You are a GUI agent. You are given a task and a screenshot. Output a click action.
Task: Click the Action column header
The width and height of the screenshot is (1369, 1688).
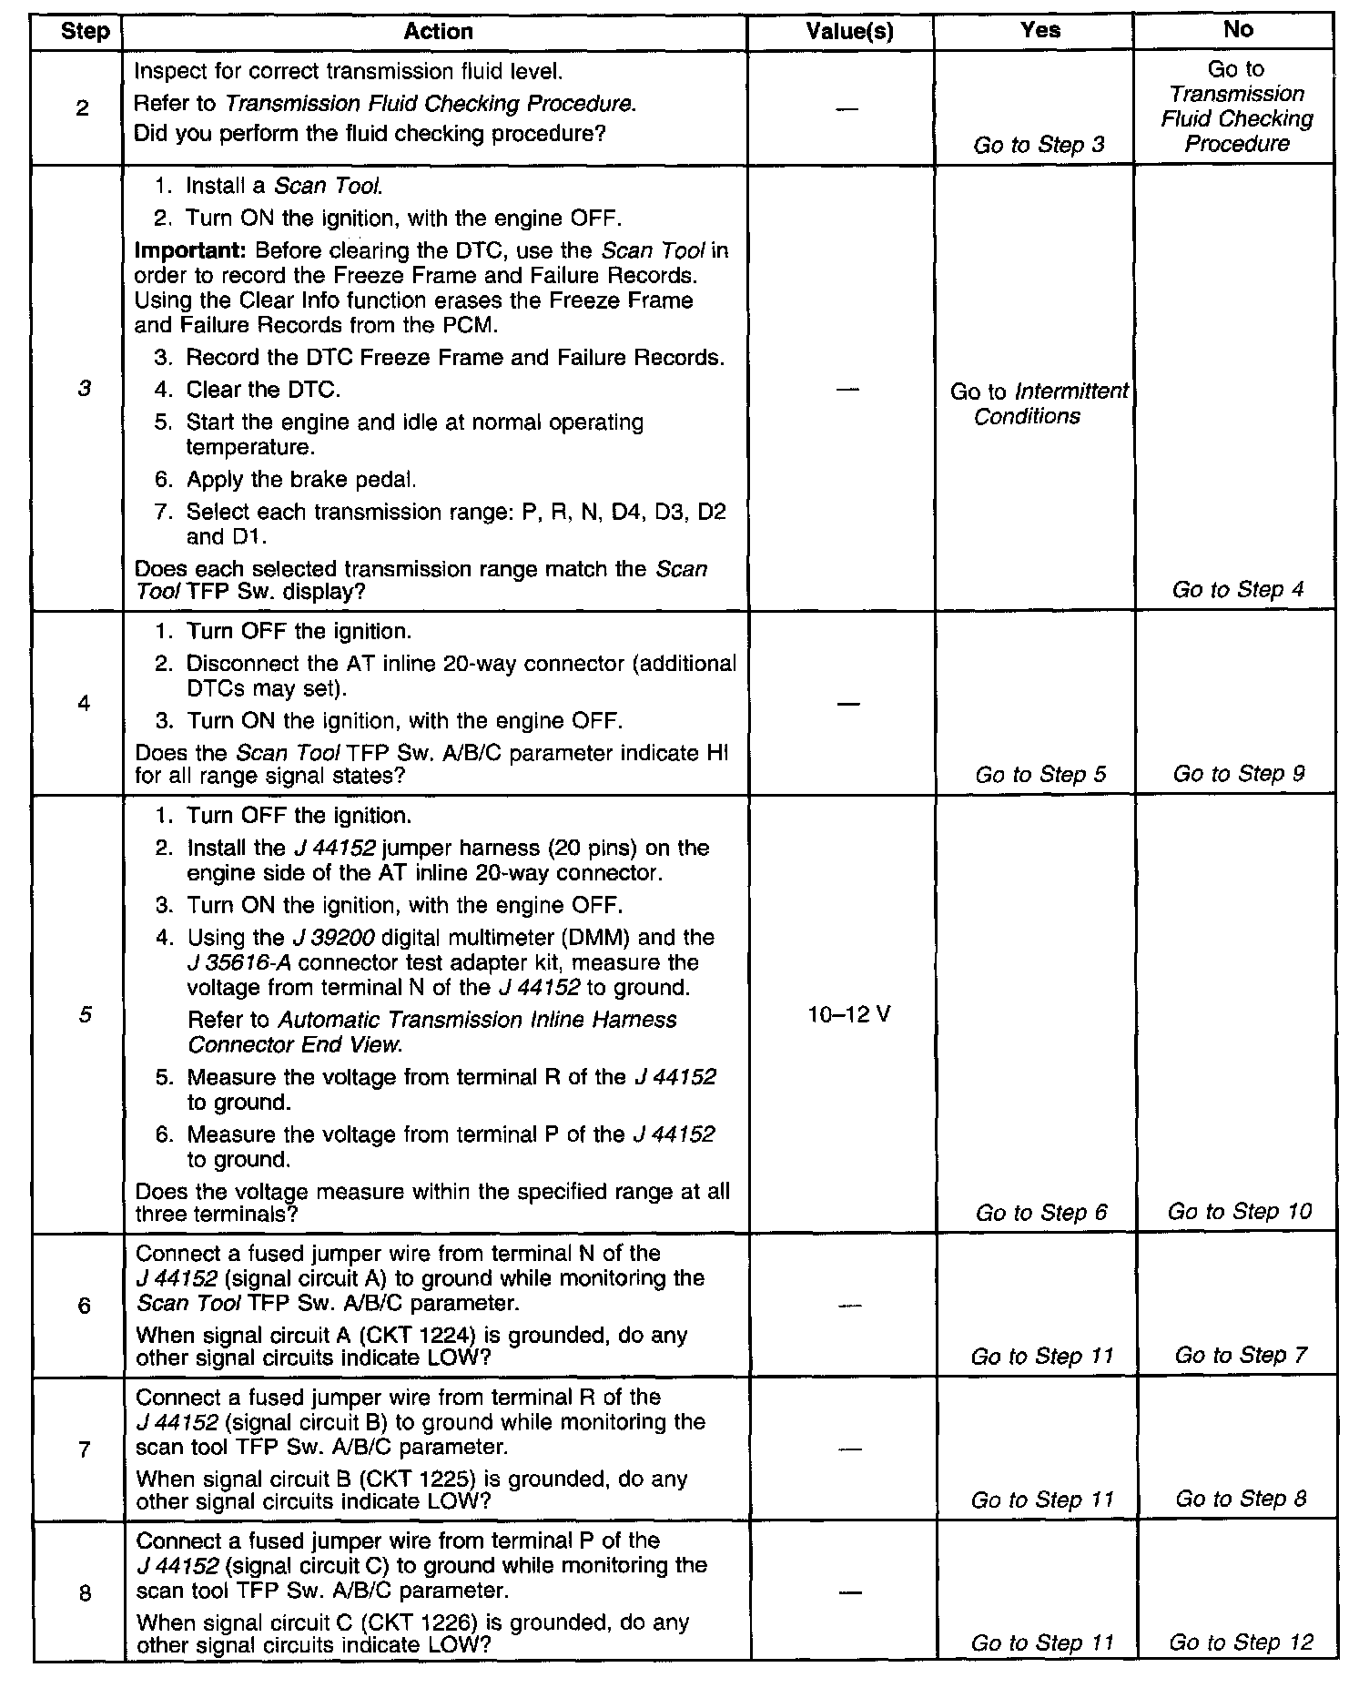[438, 32]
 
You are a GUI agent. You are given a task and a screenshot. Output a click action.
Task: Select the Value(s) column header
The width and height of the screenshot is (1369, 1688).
[849, 32]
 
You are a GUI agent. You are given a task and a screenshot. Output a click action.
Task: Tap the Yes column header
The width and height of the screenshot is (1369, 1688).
[1040, 30]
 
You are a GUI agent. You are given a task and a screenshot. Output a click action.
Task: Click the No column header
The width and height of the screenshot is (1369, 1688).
[1238, 29]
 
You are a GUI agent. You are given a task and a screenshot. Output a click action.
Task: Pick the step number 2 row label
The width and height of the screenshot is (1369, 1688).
[83, 109]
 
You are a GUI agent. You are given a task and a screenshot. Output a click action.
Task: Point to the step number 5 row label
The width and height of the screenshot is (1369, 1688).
[84, 1014]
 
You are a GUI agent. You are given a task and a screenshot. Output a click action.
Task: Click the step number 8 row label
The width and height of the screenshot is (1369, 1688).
[84, 1593]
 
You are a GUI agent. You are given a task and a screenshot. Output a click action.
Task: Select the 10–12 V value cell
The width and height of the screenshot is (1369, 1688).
[848, 1014]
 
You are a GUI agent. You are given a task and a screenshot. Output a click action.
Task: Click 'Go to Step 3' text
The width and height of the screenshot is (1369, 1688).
[1039, 145]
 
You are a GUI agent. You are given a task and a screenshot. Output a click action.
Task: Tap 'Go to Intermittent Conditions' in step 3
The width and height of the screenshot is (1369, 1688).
[1039, 404]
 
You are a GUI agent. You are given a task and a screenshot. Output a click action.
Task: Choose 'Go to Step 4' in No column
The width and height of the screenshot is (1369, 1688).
[1238, 589]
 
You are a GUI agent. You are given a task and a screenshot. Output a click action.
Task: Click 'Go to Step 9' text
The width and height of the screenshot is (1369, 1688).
[1239, 774]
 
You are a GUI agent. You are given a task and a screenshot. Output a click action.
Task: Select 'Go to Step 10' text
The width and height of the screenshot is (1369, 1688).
[1240, 1212]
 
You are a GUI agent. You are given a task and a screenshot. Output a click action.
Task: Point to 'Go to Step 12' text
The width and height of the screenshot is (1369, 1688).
[1241, 1642]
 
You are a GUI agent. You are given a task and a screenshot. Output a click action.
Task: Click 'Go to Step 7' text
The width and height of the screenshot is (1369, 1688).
[1241, 1356]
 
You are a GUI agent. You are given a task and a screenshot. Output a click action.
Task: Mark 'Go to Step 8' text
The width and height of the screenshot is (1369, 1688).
[1241, 1499]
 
